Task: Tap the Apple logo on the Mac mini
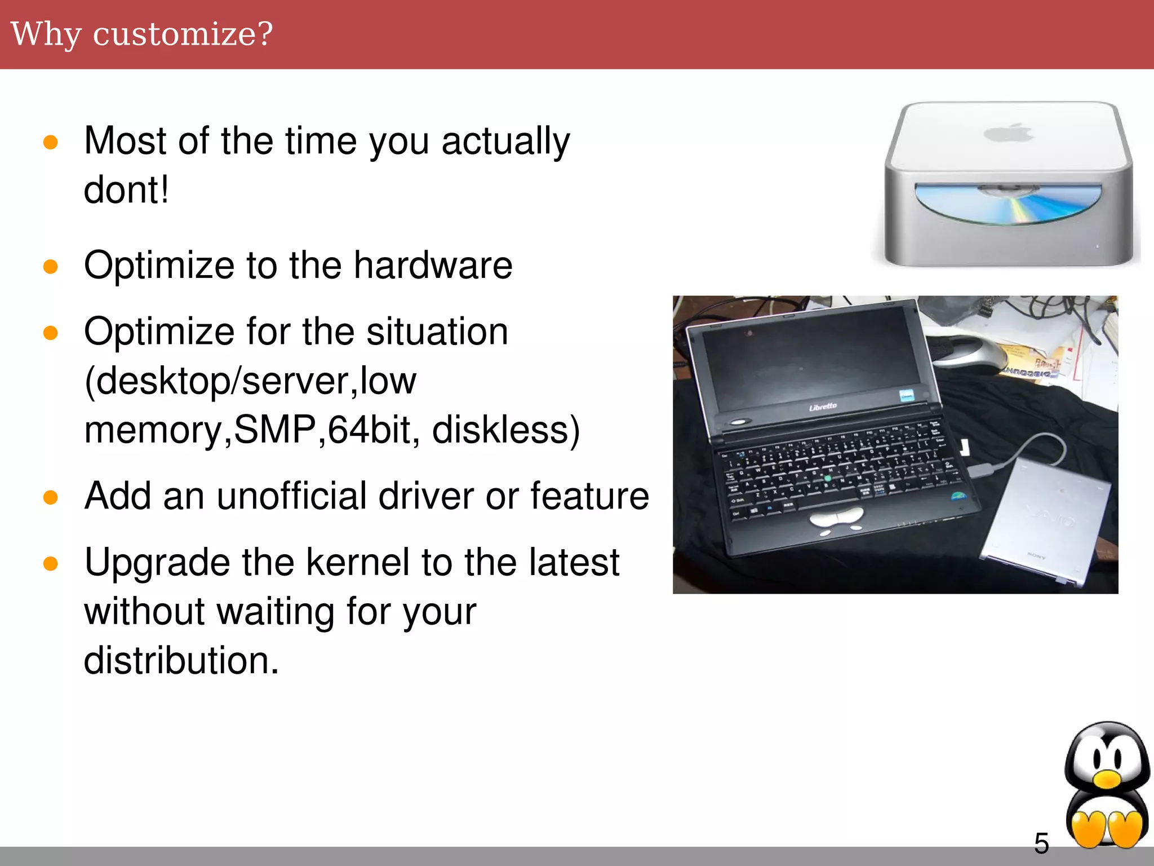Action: (x=1009, y=133)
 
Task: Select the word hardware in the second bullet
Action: (x=433, y=265)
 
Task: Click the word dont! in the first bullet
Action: (x=126, y=189)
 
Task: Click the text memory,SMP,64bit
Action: (x=248, y=430)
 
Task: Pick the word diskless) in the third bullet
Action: (x=505, y=430)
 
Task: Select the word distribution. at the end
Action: (x=181, y=660)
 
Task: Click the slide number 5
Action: (x=1041, y=843)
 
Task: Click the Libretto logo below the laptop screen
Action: (x=823, y=407)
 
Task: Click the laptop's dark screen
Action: (x=806, y=361)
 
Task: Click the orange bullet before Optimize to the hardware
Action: (x=51, y=266)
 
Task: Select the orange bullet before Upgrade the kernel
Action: (x=51, y=563)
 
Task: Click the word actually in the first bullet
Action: (x=505, y=141)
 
